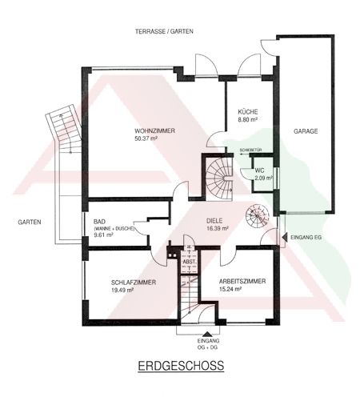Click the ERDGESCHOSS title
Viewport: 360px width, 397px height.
point(181,366)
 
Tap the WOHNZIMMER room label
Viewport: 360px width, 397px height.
point(154,131)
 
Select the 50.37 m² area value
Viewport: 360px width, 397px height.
point(146,138)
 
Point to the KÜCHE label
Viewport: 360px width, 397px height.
point(248,111)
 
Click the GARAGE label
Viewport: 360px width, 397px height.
point(306,131)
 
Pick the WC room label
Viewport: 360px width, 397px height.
point(259,170)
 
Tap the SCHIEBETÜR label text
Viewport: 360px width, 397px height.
point(250,150)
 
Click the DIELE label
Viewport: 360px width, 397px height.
point(214,221)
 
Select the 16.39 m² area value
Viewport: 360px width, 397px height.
point(218,228)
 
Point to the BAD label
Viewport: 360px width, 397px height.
point(99,222)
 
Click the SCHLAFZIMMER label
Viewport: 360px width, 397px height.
point(134,283)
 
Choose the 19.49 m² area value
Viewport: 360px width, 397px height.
point(122,290)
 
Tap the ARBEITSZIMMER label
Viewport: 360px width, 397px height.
point(242,281)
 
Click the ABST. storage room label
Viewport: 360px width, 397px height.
point(190,262)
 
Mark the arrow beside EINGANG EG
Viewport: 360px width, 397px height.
point(285,237)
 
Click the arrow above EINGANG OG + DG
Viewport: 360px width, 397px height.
point(206,334)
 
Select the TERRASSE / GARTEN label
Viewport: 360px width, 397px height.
point(164,31)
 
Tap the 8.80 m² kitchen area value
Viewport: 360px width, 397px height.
point(247,119)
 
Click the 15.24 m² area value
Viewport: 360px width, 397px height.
point(230,289)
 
